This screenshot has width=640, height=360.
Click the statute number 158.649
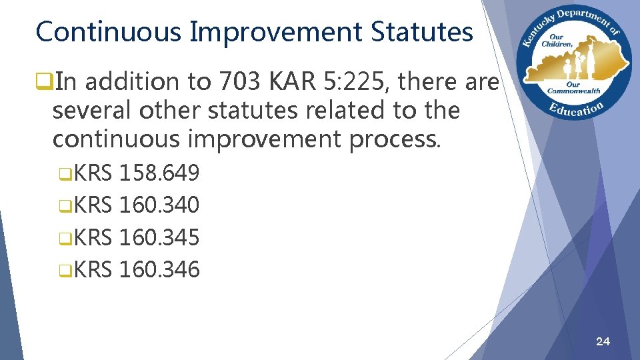(159, 173)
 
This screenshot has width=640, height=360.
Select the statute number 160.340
(159, 205)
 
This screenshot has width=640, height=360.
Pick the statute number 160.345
(159, 237)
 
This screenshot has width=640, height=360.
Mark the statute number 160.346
(159, 269)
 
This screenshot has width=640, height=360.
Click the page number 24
(602, 342)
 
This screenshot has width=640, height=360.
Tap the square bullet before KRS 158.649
(63, 175)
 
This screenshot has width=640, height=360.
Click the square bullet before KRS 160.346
(63, 271)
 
